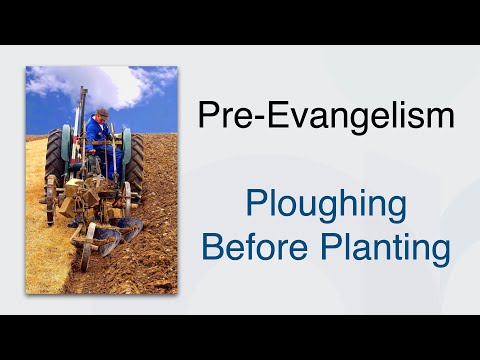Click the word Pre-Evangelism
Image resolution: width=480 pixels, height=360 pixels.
pos(326,116)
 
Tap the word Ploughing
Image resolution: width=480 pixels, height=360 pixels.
pos(326,206)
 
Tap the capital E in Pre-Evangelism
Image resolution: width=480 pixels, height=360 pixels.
pos(262,115)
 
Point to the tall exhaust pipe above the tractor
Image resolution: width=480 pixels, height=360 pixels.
pos(84,110)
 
